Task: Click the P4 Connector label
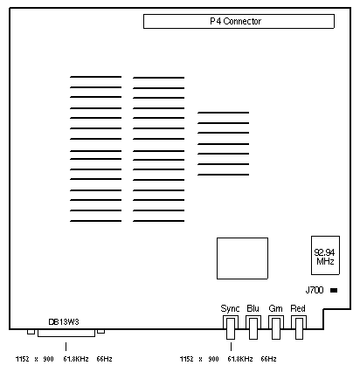click(x=235, y=21)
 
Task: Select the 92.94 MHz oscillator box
click(x=325, y=255)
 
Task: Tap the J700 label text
click(x=315, y=290)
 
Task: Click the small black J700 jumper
click(x=334, y=290)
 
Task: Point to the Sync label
click(x=230, y=308)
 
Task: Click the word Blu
click(x=253, y=308)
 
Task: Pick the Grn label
click(x=275, y=308)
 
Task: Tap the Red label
click(x=298, y=308)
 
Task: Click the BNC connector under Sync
click(x=231, y=328)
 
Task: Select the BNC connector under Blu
click(x=253, y=328)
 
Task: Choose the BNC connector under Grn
click(x=276, y=328)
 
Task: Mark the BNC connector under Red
click(x=299, y=328)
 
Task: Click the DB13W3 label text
click(x=64, y=322)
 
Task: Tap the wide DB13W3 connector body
click(x=66, y=334)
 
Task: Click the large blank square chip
click(x=242, y=258)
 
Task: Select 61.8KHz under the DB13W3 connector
click(x=76, y=359)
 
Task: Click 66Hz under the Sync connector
click(x=268, y=359)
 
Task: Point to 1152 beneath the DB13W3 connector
click(x=23, y=359)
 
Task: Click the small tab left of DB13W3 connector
click(x=31, y=332)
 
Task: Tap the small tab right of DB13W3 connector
click(x=101, y=331)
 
